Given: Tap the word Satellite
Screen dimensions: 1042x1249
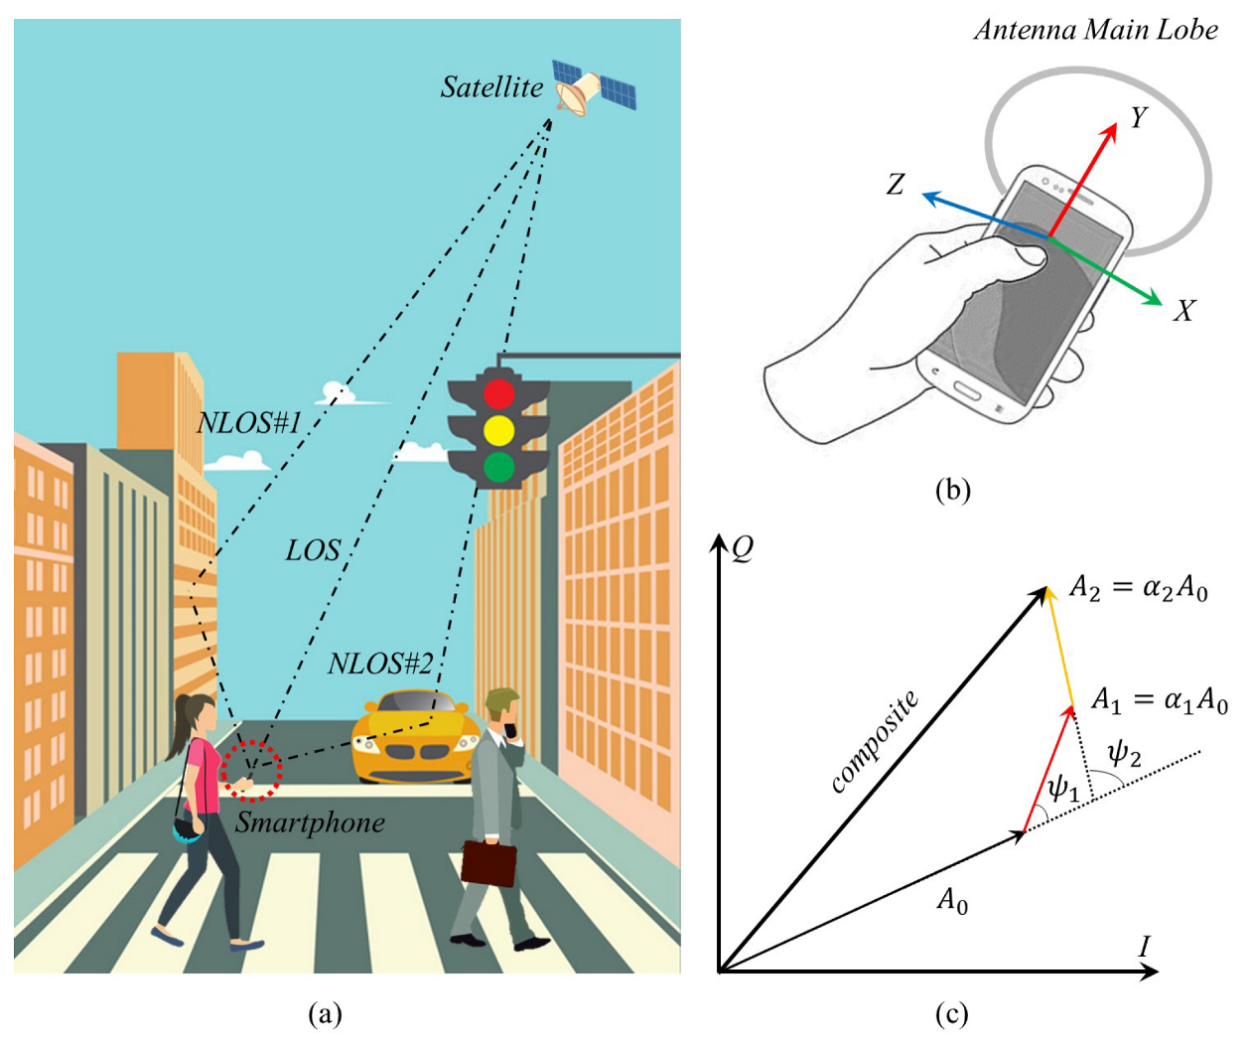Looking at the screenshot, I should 491,87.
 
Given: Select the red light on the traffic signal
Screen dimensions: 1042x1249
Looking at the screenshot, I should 498,394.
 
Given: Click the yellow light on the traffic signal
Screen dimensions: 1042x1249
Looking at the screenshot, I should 498,430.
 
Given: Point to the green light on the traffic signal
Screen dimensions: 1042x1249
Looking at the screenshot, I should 498,466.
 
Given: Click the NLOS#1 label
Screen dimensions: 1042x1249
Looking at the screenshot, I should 249,423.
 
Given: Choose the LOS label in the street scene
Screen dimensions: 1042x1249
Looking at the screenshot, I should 313,550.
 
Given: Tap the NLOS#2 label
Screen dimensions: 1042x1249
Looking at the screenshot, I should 380,664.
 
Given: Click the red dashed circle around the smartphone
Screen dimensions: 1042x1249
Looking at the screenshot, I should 251,769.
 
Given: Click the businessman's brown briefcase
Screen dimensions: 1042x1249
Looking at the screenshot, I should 488,862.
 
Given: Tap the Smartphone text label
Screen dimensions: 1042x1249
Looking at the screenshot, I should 310,822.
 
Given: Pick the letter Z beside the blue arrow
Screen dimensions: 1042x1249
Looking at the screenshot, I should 896,184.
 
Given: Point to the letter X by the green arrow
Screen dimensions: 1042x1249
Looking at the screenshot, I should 1183,311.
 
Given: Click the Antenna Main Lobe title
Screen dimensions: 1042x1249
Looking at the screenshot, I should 1095,30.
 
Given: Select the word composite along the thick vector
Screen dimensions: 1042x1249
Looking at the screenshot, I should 874,741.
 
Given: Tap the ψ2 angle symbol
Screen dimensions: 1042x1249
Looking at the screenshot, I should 1124,754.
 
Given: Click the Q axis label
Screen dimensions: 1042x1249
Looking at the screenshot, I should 743,548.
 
